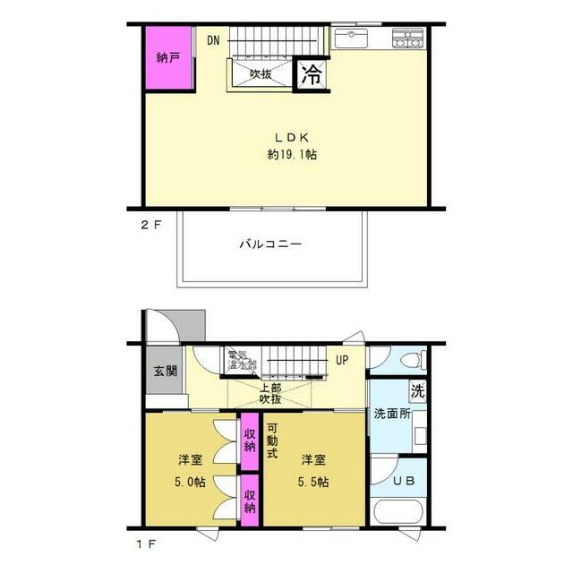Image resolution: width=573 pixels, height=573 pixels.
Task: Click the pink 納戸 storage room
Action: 169,58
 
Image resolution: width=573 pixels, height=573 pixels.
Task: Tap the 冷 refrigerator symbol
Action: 312,74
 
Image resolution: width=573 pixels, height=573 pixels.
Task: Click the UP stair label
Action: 342,360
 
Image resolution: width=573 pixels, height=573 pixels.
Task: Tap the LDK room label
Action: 292,138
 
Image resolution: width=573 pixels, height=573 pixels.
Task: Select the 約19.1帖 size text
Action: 292,155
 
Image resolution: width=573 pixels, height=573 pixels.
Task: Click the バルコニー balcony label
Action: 270,244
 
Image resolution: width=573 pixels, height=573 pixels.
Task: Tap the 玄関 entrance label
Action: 165,372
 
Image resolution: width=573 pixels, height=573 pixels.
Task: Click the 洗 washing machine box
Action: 417,391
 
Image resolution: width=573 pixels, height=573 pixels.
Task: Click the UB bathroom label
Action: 405,480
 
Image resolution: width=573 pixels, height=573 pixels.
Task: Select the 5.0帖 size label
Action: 190,481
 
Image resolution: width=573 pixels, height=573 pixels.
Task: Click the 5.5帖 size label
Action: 312,481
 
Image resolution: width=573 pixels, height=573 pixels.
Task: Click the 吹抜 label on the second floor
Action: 261,74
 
